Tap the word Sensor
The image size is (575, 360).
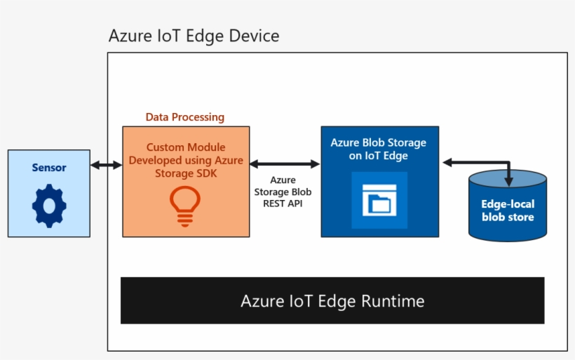49,168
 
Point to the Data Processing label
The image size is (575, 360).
185,117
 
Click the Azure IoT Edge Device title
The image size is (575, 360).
194,36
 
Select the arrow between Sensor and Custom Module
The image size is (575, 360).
106,165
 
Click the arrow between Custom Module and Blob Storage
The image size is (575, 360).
285,164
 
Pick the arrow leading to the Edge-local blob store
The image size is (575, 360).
477,164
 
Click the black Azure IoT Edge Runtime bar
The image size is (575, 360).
332,300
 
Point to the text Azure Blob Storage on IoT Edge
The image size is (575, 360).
378,149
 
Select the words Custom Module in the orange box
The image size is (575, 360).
186,147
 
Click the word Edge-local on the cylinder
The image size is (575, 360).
508,204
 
